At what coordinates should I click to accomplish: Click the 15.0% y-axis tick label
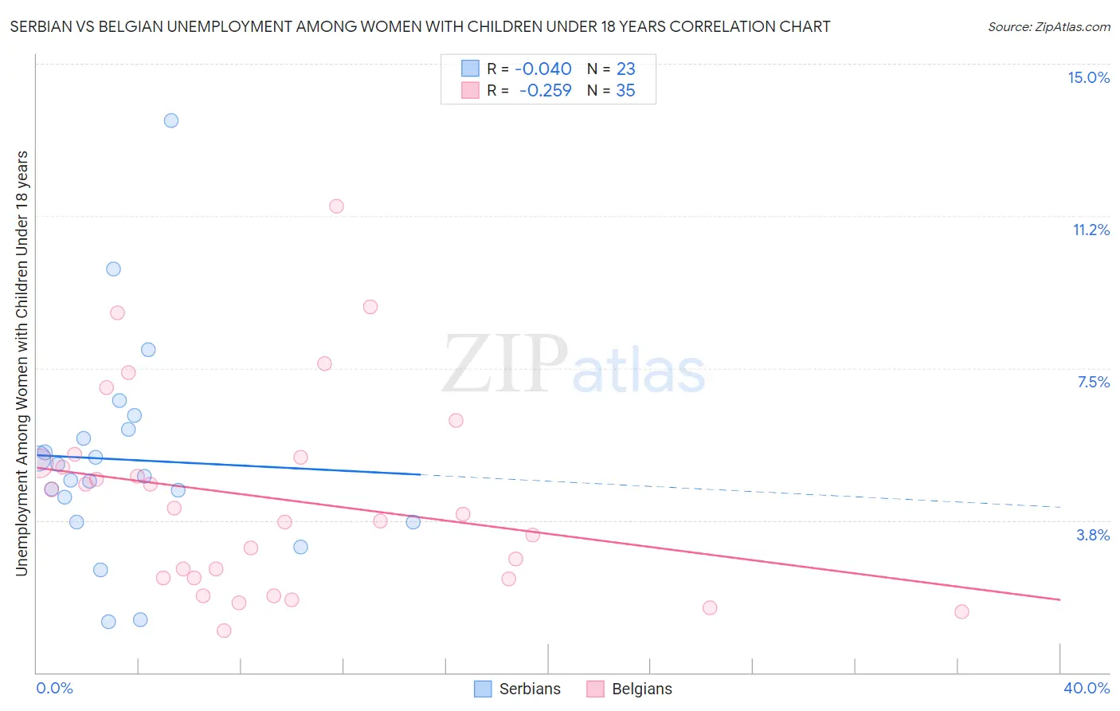(1088, 77)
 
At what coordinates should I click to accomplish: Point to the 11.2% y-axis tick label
(1091, 230)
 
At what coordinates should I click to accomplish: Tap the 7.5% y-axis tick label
(1093, 382)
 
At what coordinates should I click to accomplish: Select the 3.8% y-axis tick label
(1093, 535)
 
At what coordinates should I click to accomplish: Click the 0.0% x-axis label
(54, 688)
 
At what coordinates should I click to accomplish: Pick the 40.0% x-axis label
(1086, 688)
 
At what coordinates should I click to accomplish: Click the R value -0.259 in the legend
(546, 91)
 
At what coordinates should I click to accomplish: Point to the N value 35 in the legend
(625, 91)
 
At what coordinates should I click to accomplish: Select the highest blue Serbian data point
(171, 120)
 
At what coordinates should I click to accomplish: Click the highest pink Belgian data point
(336, 206)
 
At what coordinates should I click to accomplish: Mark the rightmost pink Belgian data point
(961, 611)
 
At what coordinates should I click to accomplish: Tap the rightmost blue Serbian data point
(413, 522)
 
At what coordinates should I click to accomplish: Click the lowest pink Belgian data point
(224, 630)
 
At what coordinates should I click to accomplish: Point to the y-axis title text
(22, 363)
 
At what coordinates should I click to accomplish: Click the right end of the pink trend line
(1060, 599)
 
